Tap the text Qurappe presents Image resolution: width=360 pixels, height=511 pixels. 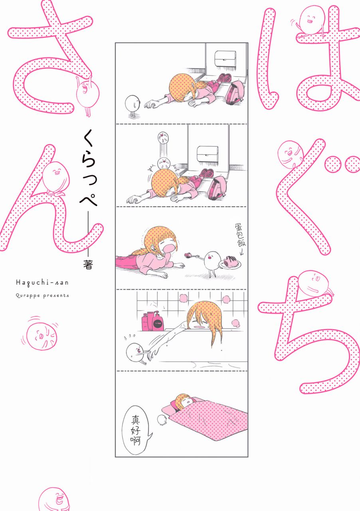[x=42, y=296]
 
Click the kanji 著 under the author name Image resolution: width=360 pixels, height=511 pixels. [x=88, y=265]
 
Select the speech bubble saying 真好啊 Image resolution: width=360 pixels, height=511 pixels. [x=136, y=430]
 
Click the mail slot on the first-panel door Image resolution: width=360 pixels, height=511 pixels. [x=225, y=60]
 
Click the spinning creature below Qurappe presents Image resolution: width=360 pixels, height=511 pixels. [x=41, y=335]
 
